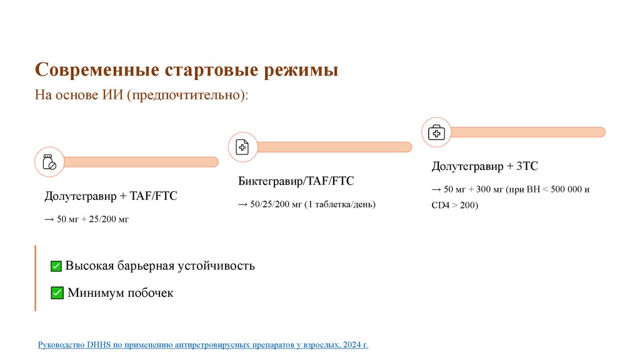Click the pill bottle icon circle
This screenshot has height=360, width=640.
49,162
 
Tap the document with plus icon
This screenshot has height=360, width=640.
242,147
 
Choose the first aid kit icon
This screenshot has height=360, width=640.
436,132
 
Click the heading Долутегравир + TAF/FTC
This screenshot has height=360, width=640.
111,196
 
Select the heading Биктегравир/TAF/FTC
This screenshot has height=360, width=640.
296,181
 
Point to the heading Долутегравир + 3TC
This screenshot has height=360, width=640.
485,166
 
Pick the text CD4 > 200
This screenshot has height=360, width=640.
455,204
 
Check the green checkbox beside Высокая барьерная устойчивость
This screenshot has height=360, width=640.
56,266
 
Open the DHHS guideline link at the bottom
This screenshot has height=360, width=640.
203,344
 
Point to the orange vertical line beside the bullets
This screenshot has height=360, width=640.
36,278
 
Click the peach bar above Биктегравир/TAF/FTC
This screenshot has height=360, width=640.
334,147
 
